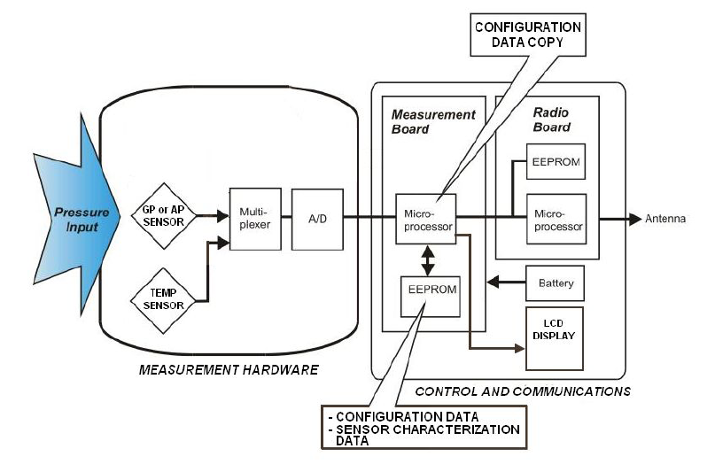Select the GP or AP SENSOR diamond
point(165,214)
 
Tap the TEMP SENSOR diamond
point(165,299)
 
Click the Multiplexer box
point(255,219)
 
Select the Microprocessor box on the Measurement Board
point(426,219)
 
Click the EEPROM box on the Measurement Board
point(431,297)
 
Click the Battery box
point(556,283)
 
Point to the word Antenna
point(665,220)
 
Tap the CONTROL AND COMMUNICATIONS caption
point(523,390)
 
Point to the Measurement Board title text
point(433,121)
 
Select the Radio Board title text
point(551,120)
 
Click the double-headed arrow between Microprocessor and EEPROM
point(428,259)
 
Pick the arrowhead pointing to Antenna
point(634,219)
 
